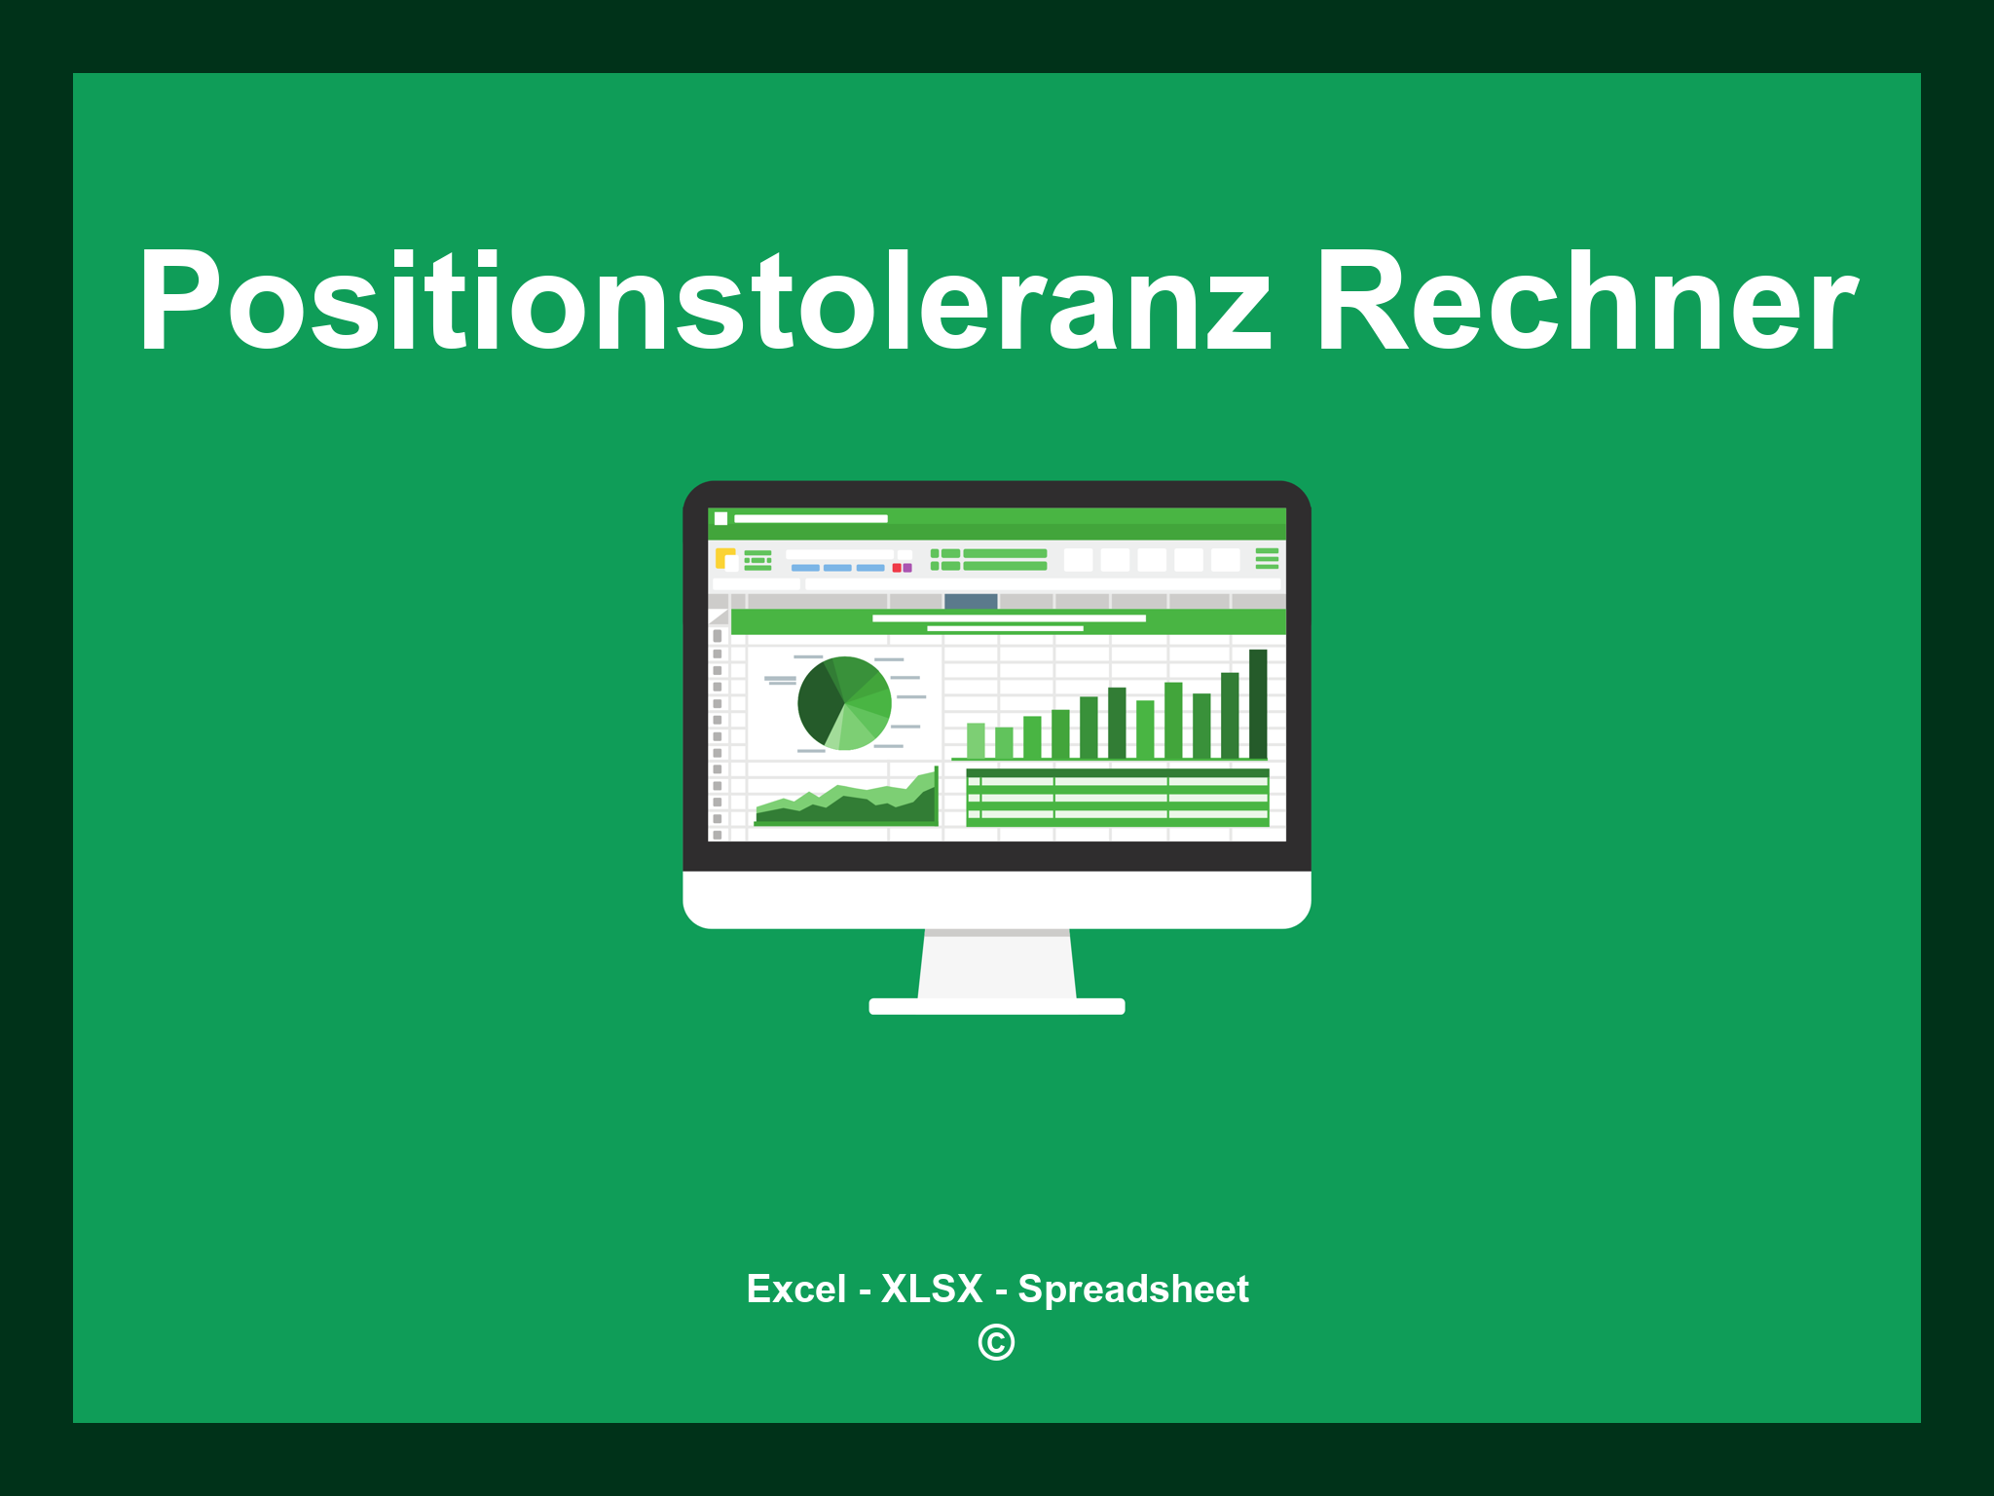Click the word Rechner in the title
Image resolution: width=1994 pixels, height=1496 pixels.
tap(1586, 301)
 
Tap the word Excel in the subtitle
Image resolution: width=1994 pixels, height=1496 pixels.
tap(795, 1289)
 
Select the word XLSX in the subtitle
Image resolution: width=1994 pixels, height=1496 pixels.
tap(932, 1289)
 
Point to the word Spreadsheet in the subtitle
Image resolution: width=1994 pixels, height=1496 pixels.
tap(1132, 1289)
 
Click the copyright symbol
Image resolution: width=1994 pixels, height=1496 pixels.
tap(996, 1342)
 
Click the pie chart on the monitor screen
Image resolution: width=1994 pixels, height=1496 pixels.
tap(844, 702)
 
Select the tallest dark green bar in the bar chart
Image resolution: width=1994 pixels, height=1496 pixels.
tap(1258, 703)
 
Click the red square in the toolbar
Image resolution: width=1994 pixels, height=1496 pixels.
tap(897, 568)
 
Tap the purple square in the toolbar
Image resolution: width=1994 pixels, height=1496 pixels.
tap(907, 568)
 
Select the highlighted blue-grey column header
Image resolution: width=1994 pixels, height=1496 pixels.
tap(971, 601)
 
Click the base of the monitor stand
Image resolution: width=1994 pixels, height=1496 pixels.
tap(996, 1006)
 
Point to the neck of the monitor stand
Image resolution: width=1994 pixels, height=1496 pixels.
tap(996, 964)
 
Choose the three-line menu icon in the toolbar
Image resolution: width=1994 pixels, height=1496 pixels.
tap(1267, 558)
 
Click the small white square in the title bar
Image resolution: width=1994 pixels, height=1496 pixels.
tap(720, 518)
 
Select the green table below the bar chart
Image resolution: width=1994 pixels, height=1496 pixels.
tap(1117, 797)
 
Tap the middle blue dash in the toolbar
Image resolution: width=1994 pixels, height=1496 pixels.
tap(837, 568)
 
